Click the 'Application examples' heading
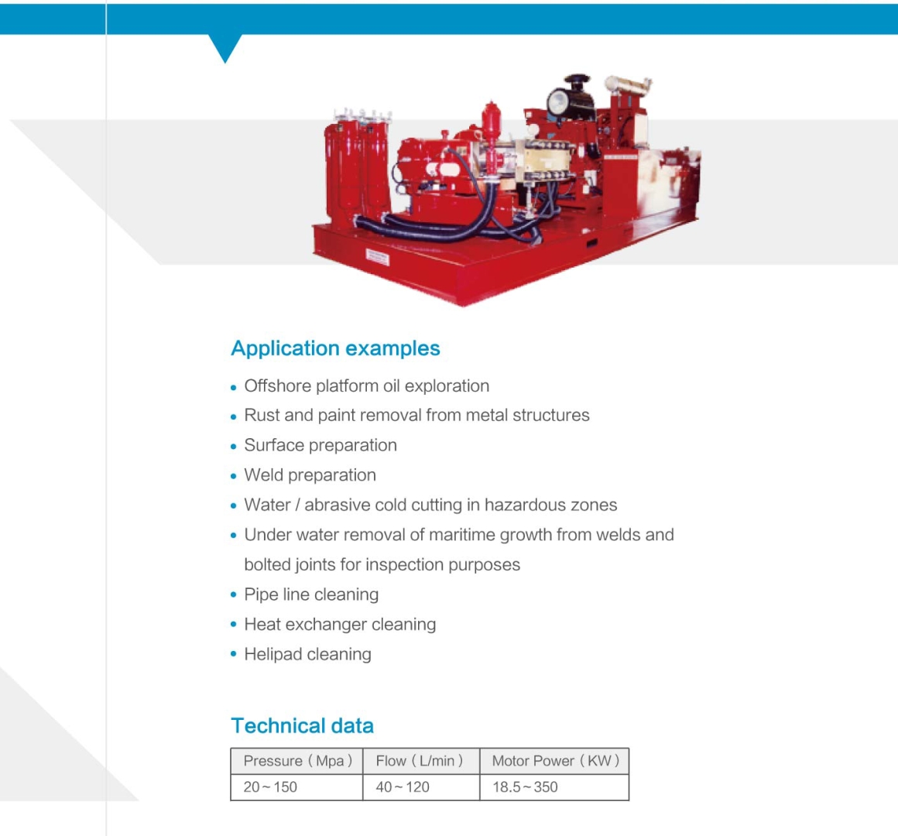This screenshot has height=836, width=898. pos(335,348)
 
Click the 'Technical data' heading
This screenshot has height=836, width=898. pos(303,725)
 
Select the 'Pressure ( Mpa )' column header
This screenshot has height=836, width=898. pos(297,761)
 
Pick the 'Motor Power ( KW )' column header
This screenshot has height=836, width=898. pos(554,761)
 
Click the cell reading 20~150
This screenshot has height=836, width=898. pos(270,787)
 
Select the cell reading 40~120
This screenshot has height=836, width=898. pos(403,787)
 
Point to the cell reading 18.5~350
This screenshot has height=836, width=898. pos(525,787)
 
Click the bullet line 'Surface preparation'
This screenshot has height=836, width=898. pos(320,446)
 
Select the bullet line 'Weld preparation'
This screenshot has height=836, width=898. pos(310,475)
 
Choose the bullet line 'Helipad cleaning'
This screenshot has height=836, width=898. pos(307,655)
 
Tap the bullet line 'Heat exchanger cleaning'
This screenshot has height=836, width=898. pos(340,625)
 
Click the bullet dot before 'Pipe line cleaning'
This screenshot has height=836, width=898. pos(233,595)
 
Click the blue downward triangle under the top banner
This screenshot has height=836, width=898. pos(225,46)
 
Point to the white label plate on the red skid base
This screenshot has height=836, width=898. pos(378,257)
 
